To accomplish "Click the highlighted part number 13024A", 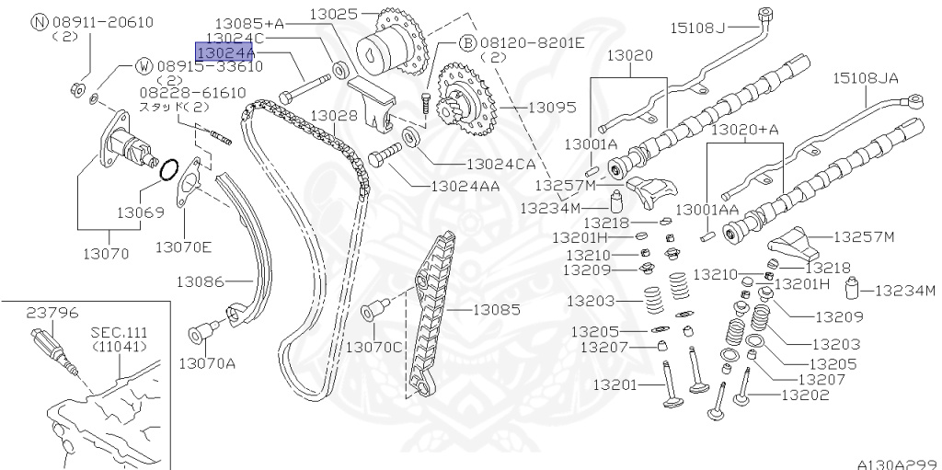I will coord(225,53).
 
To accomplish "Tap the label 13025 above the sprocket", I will coord(338,14).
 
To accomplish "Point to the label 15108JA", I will coord(866,78).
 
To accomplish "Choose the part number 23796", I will coord(52,313).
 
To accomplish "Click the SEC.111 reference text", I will coord(119,332).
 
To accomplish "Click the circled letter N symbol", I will coord(39,21).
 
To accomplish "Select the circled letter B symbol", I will coord(466,42).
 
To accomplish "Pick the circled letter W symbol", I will coord(145,66).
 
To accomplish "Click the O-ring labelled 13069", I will coord(169,171).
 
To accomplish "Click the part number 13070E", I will coord(183,246).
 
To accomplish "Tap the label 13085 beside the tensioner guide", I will coord(497,310).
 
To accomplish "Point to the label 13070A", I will coord(207,362).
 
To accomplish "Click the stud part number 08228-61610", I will coord(193,92).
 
